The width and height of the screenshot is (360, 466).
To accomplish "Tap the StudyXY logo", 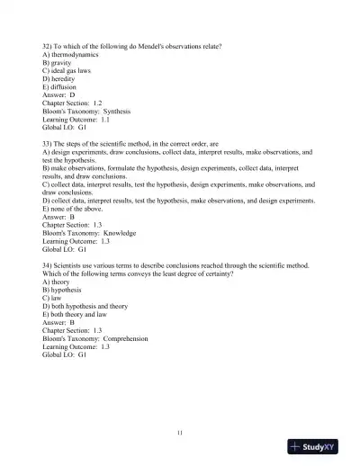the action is [x=319, y=447].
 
